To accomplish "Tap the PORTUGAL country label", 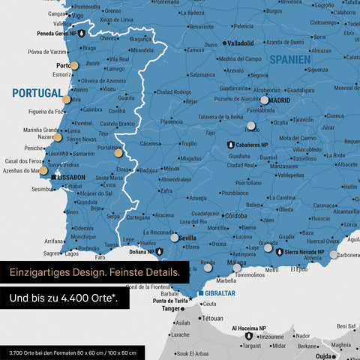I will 37,93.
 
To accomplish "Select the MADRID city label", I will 279,100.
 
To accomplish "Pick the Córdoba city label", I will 241,215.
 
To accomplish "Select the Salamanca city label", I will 207,75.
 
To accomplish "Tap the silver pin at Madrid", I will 264,100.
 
